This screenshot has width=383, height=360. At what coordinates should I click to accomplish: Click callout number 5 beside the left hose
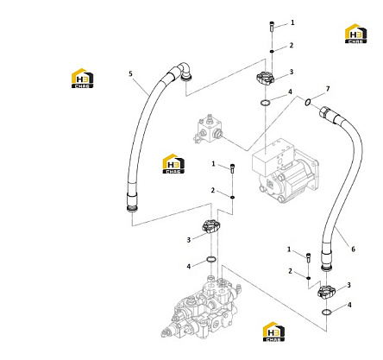click(130, 74)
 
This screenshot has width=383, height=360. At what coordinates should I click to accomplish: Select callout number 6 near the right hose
click(353, 249)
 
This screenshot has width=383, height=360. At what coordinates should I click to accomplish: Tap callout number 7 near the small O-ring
click(328, 89)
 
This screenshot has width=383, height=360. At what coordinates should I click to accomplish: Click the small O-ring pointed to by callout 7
click(308, 102)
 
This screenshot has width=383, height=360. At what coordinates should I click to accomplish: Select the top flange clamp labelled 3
click(265, 78)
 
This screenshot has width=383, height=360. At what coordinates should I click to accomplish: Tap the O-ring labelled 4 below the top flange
click(266, 102)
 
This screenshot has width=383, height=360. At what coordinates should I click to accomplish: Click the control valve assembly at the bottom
click(201, 308)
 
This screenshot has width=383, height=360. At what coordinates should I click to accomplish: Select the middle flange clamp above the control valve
click(211, 226)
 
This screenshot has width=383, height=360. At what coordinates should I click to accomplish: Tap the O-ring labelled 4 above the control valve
click(211, 260)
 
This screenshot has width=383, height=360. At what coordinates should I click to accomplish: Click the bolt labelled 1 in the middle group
click(233, 167)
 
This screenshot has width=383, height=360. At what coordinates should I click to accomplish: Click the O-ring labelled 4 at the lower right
click(326, 312)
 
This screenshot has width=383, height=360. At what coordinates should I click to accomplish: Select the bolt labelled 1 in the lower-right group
click(308, 257)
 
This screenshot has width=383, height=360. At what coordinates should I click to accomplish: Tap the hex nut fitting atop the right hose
click(325, 111)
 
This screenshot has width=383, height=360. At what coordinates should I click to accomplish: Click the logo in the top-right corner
click(355, 34)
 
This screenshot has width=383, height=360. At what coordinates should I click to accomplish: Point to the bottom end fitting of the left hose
click(132, 203)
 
